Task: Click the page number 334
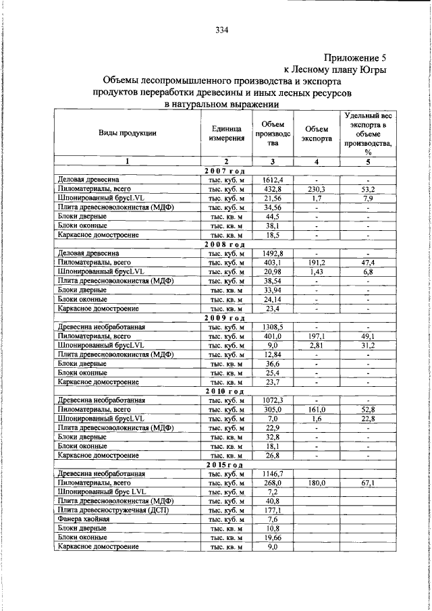tap(223, 30)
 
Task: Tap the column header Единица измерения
tap(227, 133)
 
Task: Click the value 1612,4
tap(272, 181)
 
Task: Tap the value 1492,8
tap(272, 253)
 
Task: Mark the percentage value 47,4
tap(368, 263)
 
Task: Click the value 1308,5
tap(272, 327)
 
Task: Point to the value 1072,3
tap(272, 400)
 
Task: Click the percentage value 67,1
tap(368, 483)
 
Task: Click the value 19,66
tap(272, 538)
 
